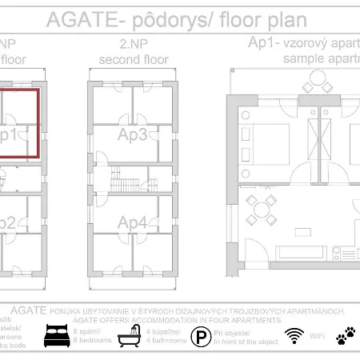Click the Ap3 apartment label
click(133, 134)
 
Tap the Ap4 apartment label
click(133, 222)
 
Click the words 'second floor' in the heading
click(132, 59)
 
